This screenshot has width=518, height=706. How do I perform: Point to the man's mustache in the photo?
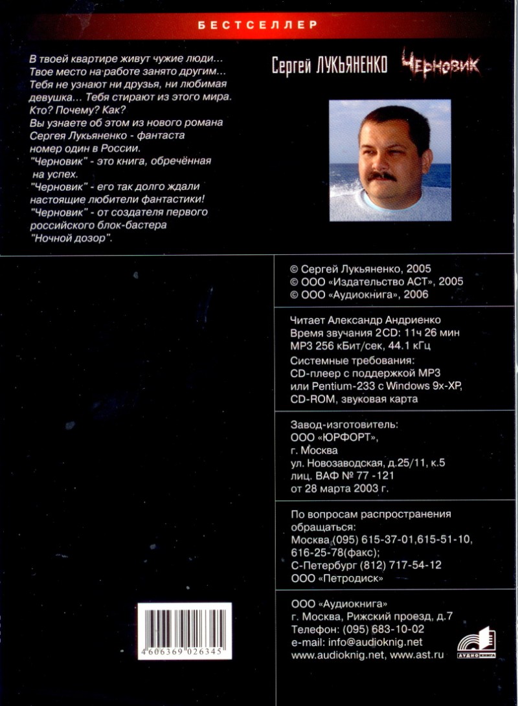[383, 175]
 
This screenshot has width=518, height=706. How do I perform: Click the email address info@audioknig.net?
[375, 642]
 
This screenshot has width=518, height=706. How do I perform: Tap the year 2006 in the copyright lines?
[416, 294]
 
